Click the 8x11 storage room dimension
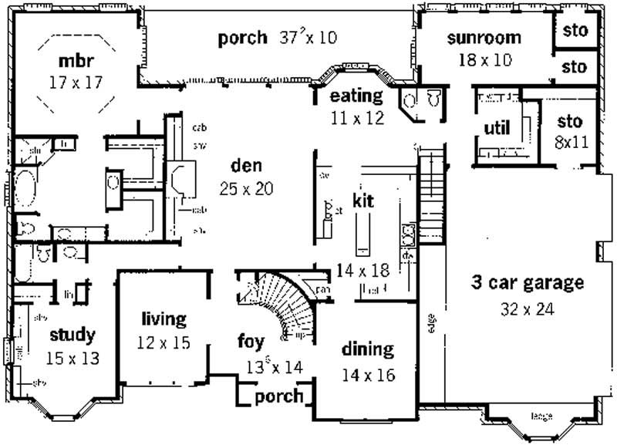(x=569, y=142)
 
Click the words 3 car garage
(x=528, y=283)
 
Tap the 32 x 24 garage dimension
(x=528, y=310)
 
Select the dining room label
(x=367, y=349)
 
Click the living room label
(x=164, y=319)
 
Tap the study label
(x=72, y=335)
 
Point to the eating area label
(x=356, y=96)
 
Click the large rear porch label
(x=242, y=37)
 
